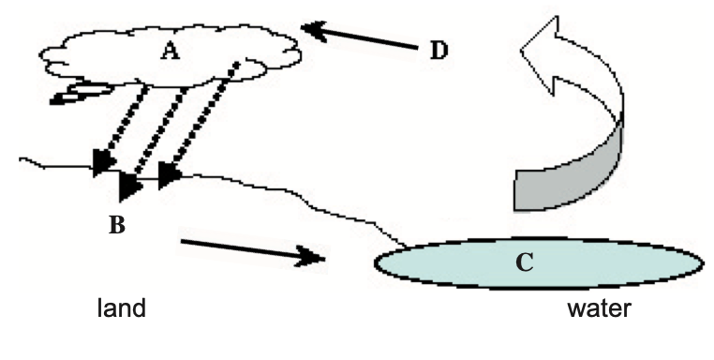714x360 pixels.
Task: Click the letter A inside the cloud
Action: pos(171,51)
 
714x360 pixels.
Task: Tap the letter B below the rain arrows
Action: pos(117,225)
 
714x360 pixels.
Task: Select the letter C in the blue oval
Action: pos(525,262)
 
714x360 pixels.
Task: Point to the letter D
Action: pos(439,50)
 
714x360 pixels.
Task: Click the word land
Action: pos(122,308)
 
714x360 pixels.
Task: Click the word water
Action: pos(600,308)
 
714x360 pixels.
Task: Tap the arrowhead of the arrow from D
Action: pos(314,31)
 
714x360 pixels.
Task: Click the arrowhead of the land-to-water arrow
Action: pos(312,257)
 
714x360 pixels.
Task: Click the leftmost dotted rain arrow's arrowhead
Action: pos(103,163)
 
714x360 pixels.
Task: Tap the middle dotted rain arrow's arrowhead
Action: pos(129,186)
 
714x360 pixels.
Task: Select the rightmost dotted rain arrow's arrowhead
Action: pos(169,175)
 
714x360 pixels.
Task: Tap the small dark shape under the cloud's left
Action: pos(80,94)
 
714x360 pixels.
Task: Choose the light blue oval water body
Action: pos(539,262)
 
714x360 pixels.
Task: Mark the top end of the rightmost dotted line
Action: pos(237,64)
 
